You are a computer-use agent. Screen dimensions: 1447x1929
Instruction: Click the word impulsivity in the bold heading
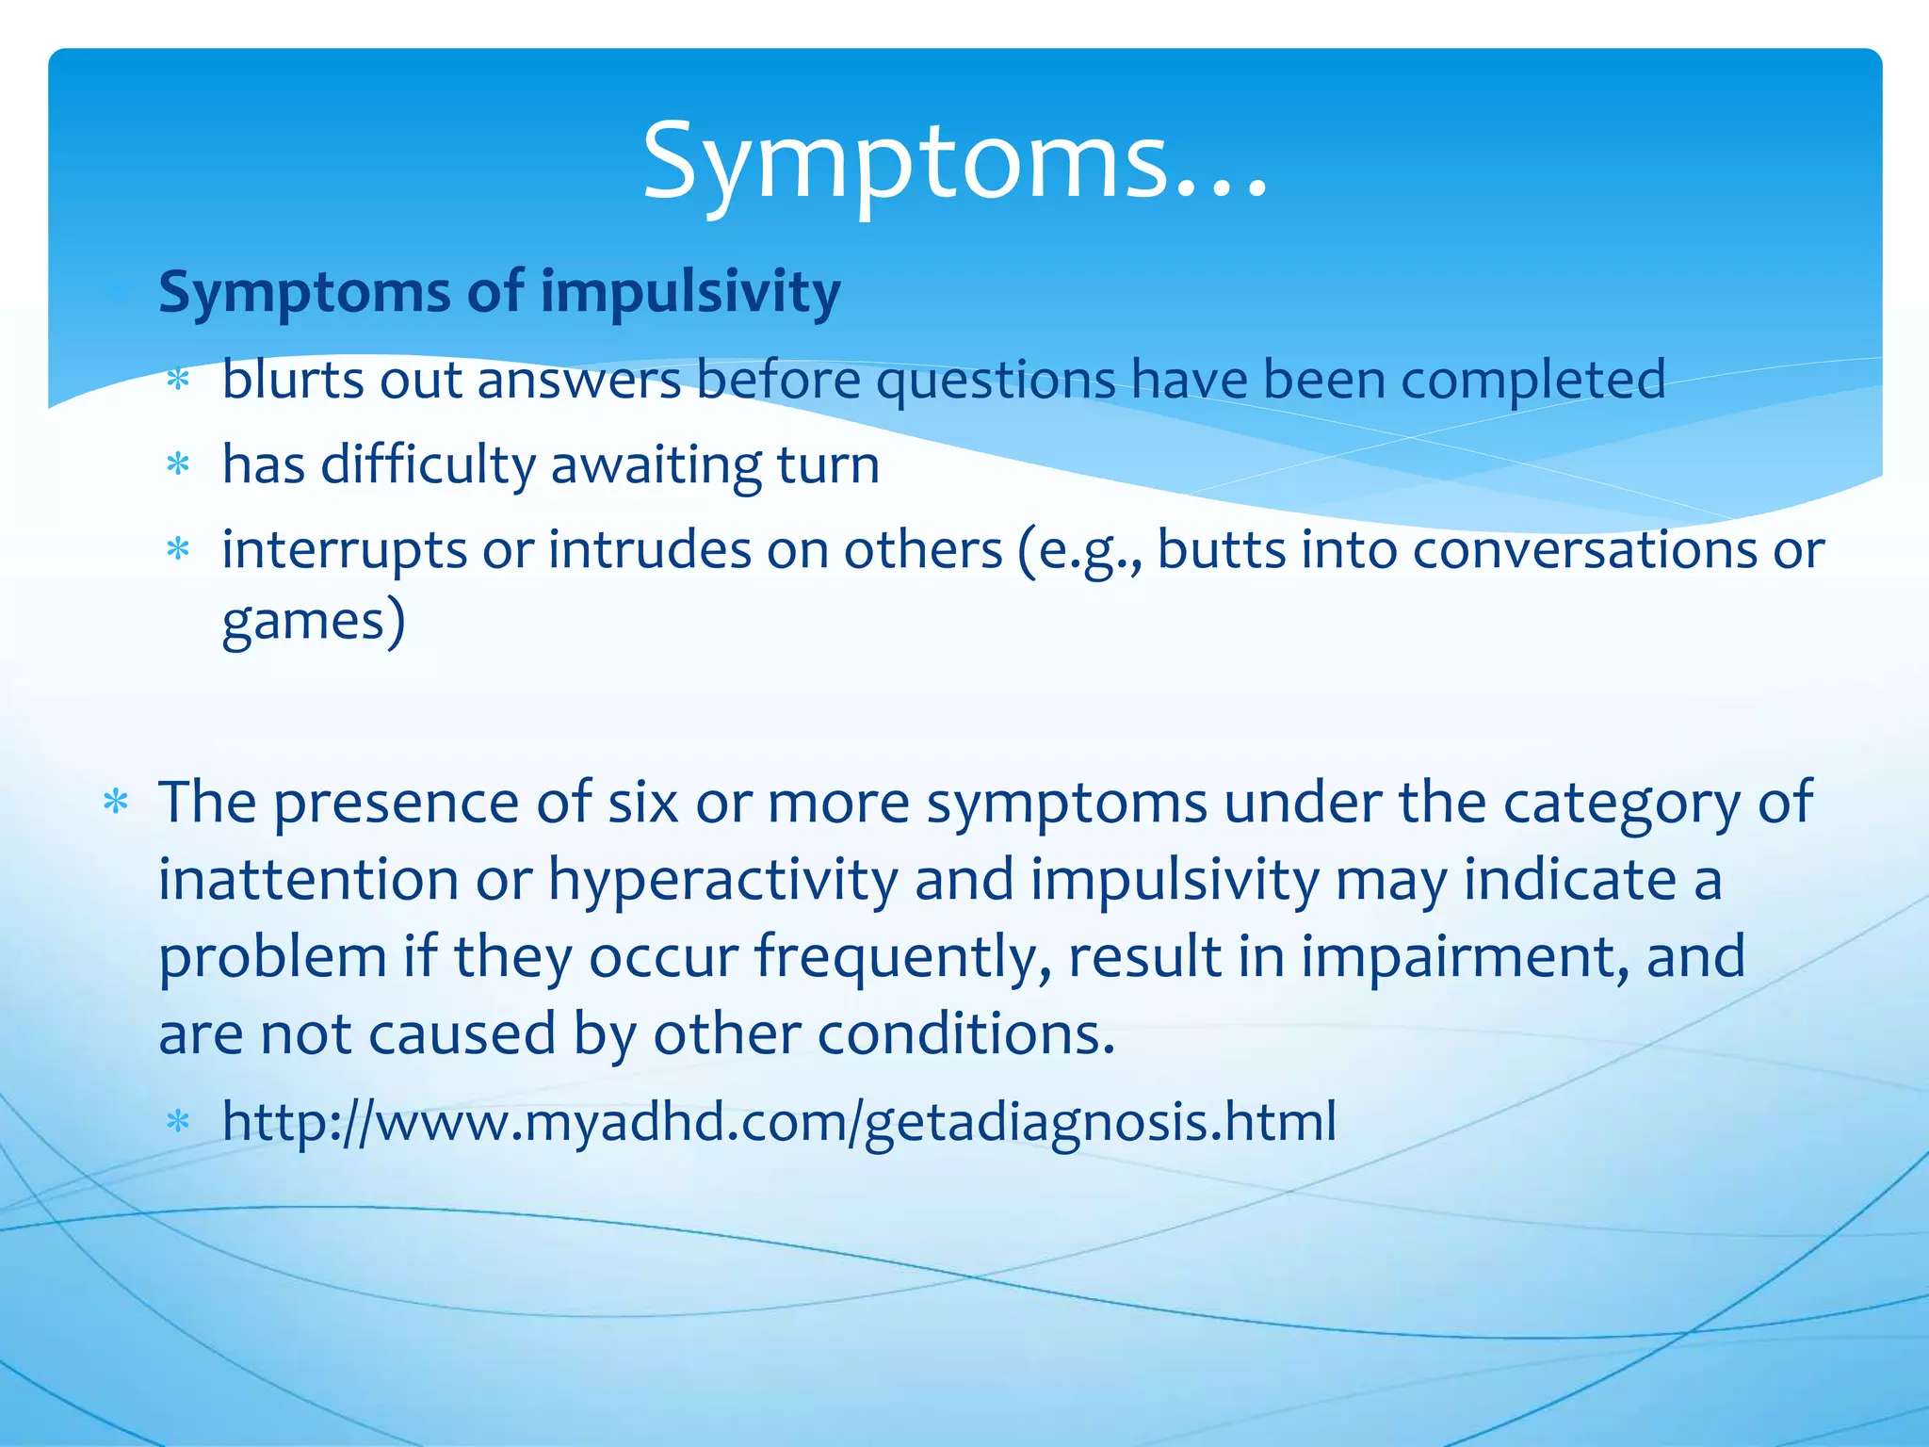(x=689, y=292)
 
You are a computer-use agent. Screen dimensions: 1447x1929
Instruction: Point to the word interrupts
(x=344, y=550)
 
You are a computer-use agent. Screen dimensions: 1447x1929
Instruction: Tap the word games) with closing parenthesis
(x=314, y=622)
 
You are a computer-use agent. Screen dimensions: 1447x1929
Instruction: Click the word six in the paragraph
(x=642, y=803)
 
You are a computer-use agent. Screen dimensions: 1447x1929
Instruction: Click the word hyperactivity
(x=722, y=882)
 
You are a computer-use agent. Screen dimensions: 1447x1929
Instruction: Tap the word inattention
(x=308, y=880)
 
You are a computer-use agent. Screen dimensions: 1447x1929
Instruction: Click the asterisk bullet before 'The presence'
(x=116, y=804)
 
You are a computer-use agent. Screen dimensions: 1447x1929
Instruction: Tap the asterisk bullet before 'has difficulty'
(x=178, y=464)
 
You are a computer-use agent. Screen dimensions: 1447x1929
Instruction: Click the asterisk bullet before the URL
(x=178, y=1121)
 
